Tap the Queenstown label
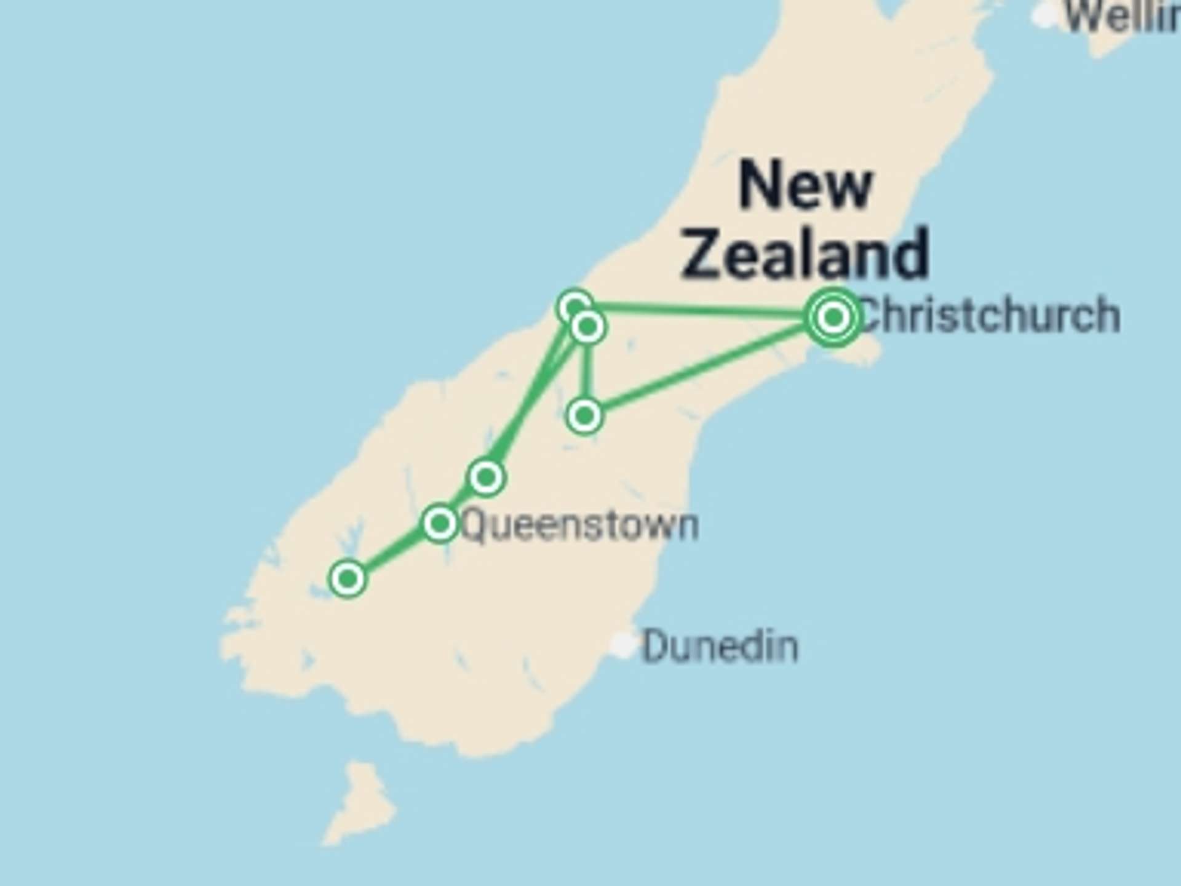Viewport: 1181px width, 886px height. pyautogui.click(x=579, y=526)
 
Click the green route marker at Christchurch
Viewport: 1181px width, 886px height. pyautogui.click(x=833, y=317)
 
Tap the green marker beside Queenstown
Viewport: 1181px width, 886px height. pyautogui.click(x=440, y=524)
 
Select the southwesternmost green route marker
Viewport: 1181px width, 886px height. pyautogui.click(x=348, y=578)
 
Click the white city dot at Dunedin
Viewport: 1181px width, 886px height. pyautogui.click(x=623, y=644)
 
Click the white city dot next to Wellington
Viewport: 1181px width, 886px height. pyautogui.click(x=1044, y=15)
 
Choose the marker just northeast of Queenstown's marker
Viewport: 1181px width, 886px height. pyautogui.click(x=487, y=477)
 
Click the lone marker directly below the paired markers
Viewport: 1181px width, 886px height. pyautogui.click(x=584, y=416)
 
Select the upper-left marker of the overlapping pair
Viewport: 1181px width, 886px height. pyautogui.click(x=573, y=305)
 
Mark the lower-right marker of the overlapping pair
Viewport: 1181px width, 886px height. pyautogui.click(x=589, y=327)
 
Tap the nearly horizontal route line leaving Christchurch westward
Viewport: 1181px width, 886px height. pyautogui.click(x=701, y=311)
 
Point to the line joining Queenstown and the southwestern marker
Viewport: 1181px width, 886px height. pyautogui.click(x=394, y=551)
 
